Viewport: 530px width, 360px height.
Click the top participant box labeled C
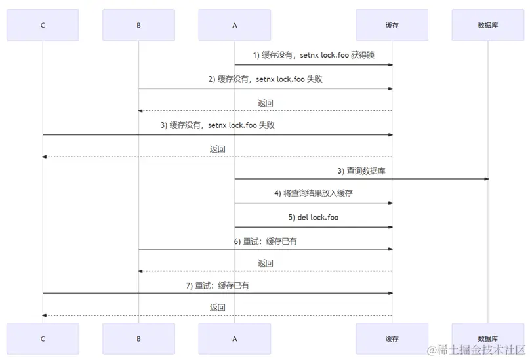(x=43, y=25)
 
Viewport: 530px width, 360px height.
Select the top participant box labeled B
(x=138, y=25)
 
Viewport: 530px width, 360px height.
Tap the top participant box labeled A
(x=234, y=25)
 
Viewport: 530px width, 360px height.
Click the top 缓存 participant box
(x=392, y=25)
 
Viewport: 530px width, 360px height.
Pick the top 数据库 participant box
(x=488, y=25)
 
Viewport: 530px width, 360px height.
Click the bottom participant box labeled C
(x=43, y=338)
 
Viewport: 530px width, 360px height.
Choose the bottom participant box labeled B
(x=138, y=338)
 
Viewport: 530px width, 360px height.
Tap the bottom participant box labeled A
(x=234, y=338)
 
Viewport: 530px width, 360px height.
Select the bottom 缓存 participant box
(x=392, y=338)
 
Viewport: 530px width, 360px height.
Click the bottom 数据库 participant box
(x=488, y=338)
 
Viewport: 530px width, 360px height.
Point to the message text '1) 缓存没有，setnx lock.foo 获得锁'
(x=314, y=56)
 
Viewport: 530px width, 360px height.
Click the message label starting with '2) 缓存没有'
(x=266, y=79)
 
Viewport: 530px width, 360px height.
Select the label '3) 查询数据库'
(x=361, y=170)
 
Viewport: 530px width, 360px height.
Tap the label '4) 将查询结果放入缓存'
(x=314, y=193)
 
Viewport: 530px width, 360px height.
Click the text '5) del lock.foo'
(x=314, y=218)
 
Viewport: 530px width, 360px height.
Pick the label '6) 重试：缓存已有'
(x=266, y=241)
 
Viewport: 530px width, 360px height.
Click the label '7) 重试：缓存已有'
(x=217, y=286)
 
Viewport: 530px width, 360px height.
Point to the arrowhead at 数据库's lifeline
(x=486, y=179)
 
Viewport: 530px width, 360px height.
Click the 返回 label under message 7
(x=217, y=307)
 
